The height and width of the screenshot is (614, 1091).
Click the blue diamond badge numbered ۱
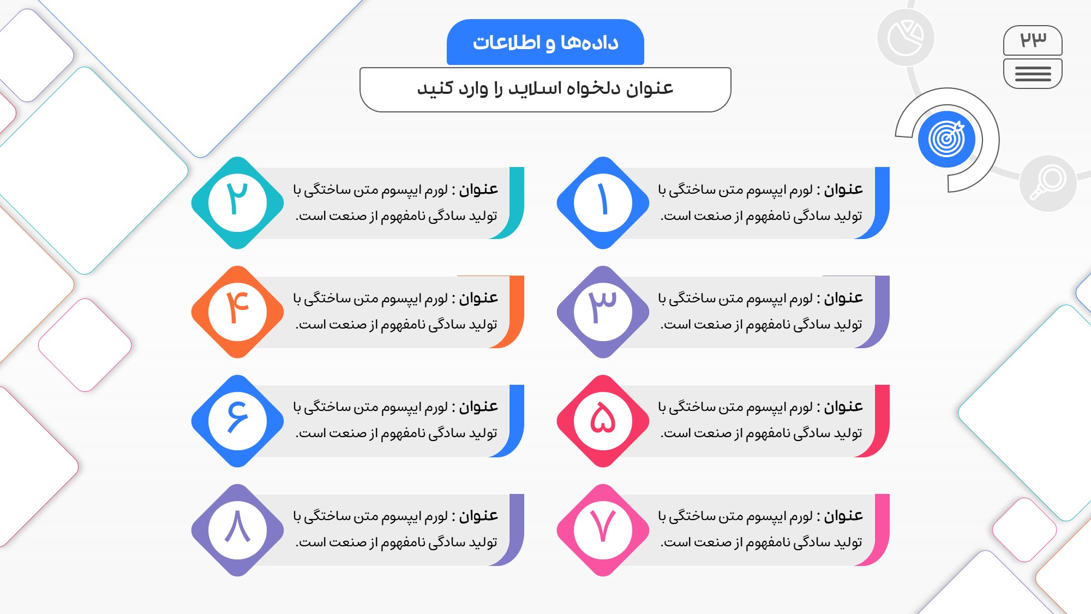coord(603,203)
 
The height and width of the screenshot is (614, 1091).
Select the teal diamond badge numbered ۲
coord(237,203)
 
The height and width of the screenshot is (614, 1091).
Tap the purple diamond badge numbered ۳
coord(603,312)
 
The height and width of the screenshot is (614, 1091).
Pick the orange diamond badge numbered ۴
coord(237,312)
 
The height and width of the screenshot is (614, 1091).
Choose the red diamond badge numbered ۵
coord(603,421)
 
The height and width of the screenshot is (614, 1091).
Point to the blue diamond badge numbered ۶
coord(237,421)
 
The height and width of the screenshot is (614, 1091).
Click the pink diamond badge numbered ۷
coord(603,530)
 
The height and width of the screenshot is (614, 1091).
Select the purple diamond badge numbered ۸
coord(237,530)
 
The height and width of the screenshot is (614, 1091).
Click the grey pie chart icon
coord(906,38)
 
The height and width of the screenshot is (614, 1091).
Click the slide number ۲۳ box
coord(1033,40)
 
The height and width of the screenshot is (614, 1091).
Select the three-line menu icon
coord(1033,74)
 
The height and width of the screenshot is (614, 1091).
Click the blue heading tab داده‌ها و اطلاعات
coord(545,42)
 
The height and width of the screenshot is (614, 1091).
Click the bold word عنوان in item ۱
coord(843,189)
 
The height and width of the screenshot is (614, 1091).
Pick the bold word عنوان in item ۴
coord(478,298)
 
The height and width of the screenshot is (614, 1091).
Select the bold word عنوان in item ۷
coord(843,516)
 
